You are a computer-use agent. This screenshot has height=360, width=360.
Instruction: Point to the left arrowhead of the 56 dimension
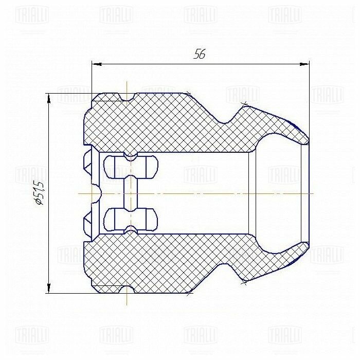pos(96,64)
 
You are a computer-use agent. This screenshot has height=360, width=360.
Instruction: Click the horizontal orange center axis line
pos(206,193)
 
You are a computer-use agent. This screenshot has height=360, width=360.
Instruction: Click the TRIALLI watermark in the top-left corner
pos(31,14)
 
